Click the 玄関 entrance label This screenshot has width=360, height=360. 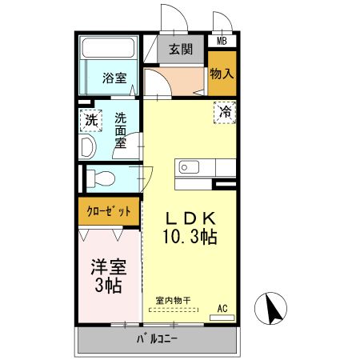pyautogui.click(x=181, y=49)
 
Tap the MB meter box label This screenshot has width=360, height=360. pyautogui.click(x=221, y=41)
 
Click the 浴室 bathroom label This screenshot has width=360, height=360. pyautogui.click(x=114, y=78)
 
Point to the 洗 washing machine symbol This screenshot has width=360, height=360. pyautogui.click(x=91, y=121)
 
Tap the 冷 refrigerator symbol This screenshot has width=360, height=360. pyautogui.click(x=227, y=113)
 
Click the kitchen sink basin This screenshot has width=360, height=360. pyautogui.click(x=190, y=167)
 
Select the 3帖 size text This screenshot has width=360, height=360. pyautogui.click(x=107, y=286)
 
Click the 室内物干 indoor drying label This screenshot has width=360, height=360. pyautogui.click(x=173, y=301)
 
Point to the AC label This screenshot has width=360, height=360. pyautogui.click(x=223, y=306)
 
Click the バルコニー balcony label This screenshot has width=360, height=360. pyautogui.click(x=157, y=339)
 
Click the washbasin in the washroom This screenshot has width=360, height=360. pyautogui.click(x=89, y=146)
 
